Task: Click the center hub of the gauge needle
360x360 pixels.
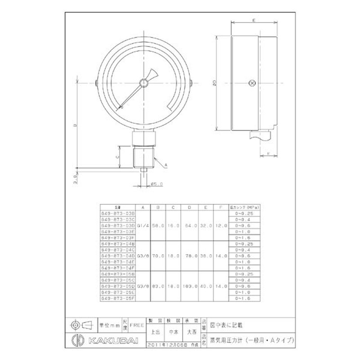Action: click(144, 82)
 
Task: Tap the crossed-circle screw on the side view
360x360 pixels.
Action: click(252, 82)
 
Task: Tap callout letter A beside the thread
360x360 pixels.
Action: click(166, 166)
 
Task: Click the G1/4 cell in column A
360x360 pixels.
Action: click(142, 225)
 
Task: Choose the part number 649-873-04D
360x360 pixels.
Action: click(118, 255)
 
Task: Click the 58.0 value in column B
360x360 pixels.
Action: click(158, 225)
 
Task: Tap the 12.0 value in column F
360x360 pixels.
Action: click(220, 225)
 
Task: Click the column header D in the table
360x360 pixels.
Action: click(189, 207)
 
